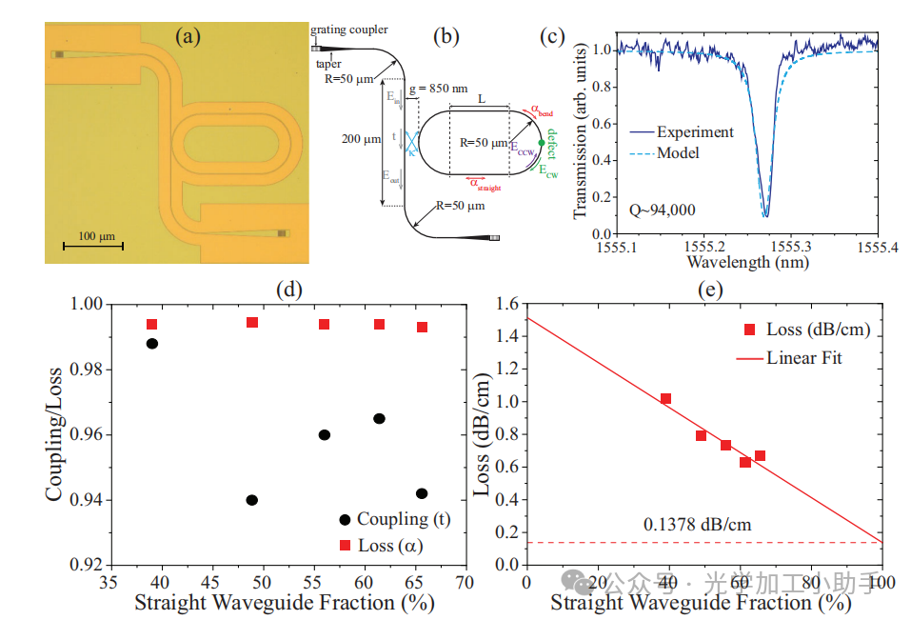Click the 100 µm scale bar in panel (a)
[x=93, y=246]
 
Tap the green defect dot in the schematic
[x=542, y=143]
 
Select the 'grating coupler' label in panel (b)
[x=348, y=31]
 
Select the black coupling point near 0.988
[x=151, y=344]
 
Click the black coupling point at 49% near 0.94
[x=251, y=500]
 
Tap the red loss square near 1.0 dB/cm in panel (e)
[x=665, y=399]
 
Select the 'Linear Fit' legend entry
[x=804, y=358]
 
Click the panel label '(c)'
[x=553, y=37]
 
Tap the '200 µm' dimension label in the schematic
[x=359, y=139]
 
